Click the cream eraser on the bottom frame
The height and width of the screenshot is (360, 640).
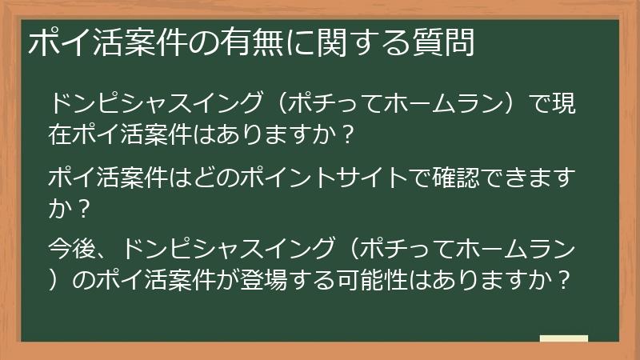[x=563, y=338]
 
